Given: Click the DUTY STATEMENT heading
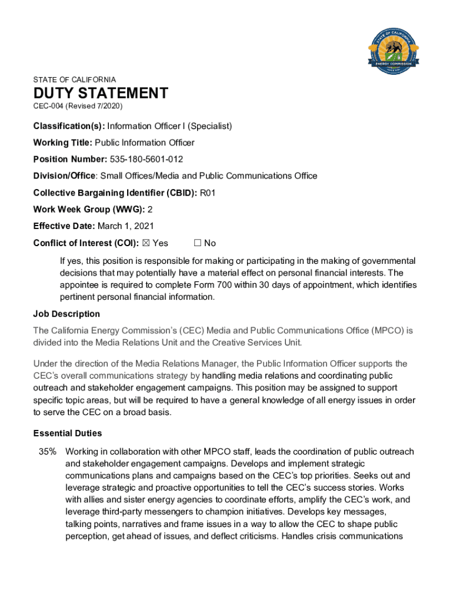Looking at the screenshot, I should pos(101,93).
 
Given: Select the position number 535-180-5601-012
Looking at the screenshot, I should pos(146,159).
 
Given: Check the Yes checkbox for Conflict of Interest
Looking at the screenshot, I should pos(146,243).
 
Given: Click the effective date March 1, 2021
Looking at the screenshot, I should pos(122,226).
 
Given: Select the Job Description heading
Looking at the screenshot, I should pos(66,314).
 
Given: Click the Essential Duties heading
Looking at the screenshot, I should pos(68,433).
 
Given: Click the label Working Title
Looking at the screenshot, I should pos(62,143).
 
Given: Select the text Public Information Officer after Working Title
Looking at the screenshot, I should pos(145,143).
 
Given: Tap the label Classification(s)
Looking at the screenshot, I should pos(69,126).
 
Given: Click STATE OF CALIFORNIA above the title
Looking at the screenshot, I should pos(75,79).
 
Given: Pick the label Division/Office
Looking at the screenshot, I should pos(65,175).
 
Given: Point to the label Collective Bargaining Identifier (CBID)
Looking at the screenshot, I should pos(115,192).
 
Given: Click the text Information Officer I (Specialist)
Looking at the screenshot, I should pos(169,126).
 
